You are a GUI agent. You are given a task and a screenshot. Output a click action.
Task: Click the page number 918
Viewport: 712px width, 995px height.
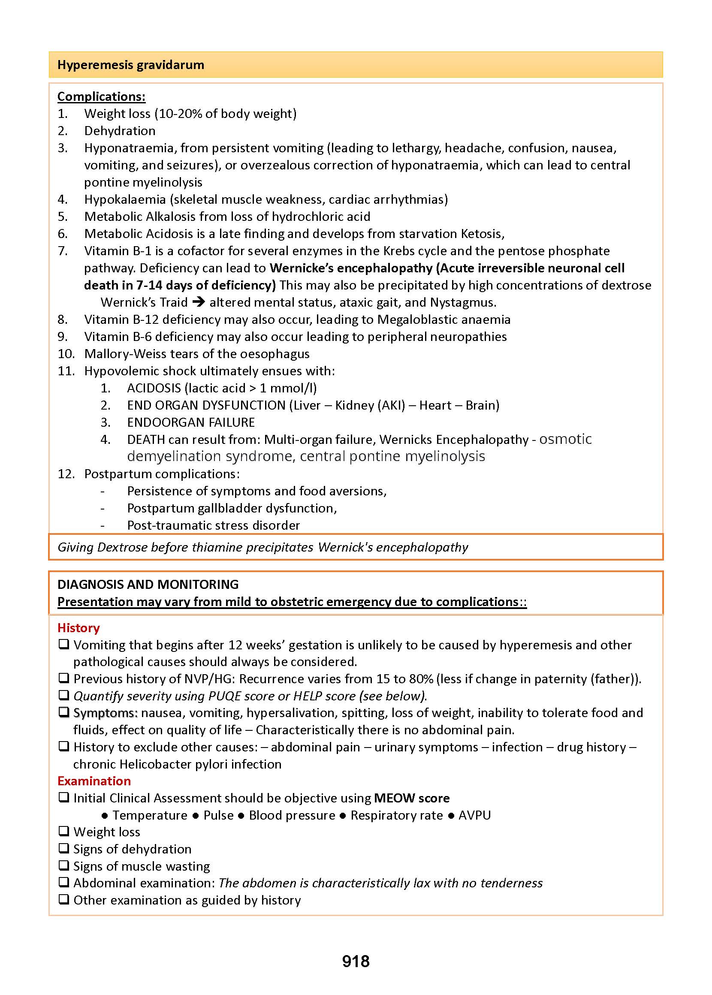(x=356, y=961)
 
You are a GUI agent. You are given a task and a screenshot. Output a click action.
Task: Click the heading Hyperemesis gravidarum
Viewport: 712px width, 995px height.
(x=131, y=65)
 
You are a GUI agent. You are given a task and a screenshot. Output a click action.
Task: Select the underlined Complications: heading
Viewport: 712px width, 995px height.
(x=101, y=96)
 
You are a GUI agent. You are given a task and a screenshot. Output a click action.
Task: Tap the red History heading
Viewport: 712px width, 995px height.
(x=78, y=628)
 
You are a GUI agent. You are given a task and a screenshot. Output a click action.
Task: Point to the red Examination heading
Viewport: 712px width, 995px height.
(x=94, y=781)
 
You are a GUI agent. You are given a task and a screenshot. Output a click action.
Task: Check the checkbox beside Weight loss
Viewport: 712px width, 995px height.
(x=64, y=831)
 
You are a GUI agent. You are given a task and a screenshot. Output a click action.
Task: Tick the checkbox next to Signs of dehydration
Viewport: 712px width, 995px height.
(x=64, y=848)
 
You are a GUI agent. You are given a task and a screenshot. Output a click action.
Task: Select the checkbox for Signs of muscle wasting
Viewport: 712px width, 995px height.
(x=64, y=865)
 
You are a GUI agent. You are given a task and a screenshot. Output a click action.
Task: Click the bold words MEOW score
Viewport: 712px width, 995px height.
(x=412, y=798)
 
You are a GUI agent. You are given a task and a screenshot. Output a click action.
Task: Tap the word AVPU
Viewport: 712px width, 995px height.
(x=474, y=815)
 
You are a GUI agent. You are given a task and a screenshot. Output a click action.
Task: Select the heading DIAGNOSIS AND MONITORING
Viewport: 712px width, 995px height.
(x=148, y=584)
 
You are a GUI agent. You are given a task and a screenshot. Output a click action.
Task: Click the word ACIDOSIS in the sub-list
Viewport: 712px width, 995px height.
(x=154, y=388)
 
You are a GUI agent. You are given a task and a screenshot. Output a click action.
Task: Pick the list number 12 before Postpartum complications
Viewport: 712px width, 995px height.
(x=66, y=474)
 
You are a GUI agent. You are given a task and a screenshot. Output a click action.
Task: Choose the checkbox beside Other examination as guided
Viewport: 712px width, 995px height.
(x=64, y=899)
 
